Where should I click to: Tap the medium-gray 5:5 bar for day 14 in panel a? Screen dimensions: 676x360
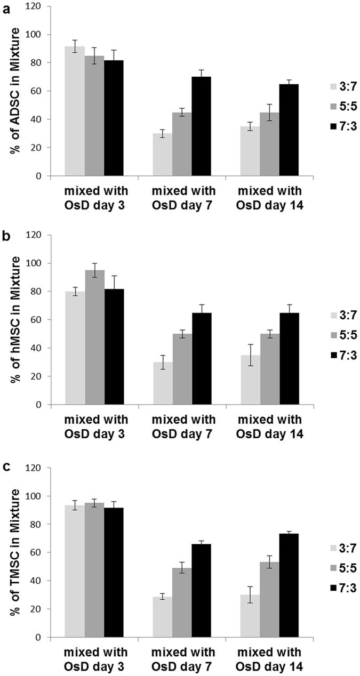(x=269, y=144)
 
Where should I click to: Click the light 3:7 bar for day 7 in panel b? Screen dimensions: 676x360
(x=162, y=383)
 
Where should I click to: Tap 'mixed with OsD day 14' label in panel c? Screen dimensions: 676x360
(x=269, y=659)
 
